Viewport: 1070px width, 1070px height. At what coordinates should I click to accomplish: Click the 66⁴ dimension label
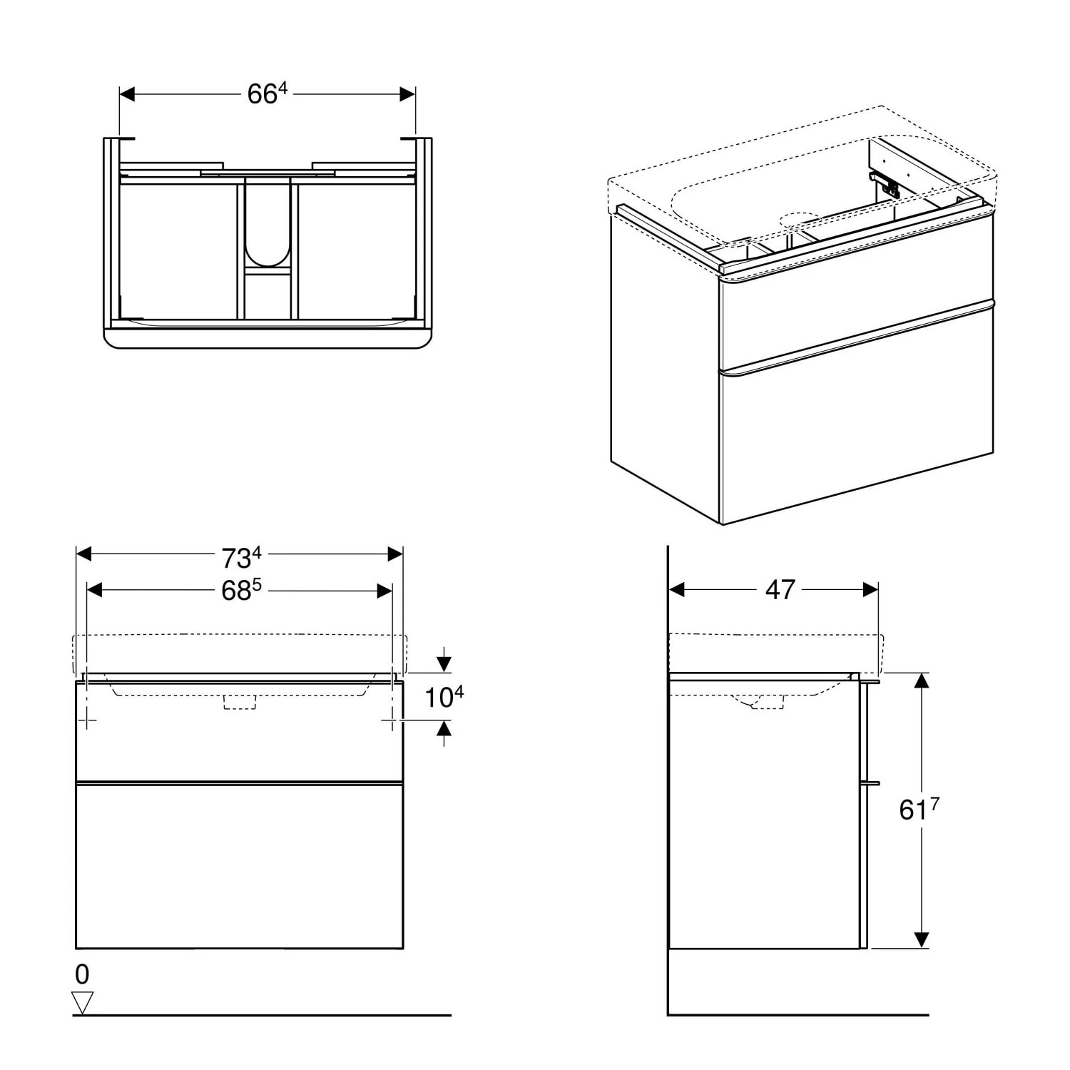coord(267,93)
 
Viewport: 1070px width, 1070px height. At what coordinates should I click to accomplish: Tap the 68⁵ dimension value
coord(241,590)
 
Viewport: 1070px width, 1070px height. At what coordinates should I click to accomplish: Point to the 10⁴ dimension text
coord(444,697)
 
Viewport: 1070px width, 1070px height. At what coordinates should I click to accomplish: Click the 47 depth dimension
coord(780,590)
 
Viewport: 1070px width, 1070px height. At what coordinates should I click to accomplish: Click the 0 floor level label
coord(82,974)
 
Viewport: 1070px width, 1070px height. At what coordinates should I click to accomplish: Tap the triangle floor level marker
coord(83,1003)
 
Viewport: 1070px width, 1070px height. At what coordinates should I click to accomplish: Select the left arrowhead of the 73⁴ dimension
coord(84,554)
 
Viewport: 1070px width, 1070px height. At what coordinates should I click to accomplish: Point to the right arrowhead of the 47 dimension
coord(870,590)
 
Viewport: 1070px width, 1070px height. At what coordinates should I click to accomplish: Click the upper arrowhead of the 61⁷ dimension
coord(922,681)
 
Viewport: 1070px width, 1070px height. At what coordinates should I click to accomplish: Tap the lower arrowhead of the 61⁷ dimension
coord(922,940)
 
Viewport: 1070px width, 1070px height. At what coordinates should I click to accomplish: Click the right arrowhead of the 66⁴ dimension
coord(407,94)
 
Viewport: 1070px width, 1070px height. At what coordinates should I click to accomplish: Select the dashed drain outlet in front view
coord(240,702)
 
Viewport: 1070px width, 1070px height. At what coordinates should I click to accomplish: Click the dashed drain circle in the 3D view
coord(802,220)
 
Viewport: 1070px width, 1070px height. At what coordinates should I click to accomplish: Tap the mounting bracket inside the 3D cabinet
coord(885,185)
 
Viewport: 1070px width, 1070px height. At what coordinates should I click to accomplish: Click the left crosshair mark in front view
coord(87,720)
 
